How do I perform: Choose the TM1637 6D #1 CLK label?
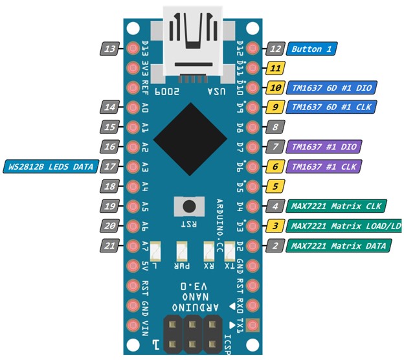[x=333, y=107]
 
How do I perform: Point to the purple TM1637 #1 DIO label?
[x=324, y=147]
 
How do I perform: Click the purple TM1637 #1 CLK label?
[x=324, y=167]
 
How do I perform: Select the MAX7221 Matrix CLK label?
[x=336, y=207]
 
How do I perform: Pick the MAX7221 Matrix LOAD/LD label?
[x=343, y=226]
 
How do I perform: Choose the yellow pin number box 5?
[x=276, y=186]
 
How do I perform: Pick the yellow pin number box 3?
[x=276, y=226]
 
